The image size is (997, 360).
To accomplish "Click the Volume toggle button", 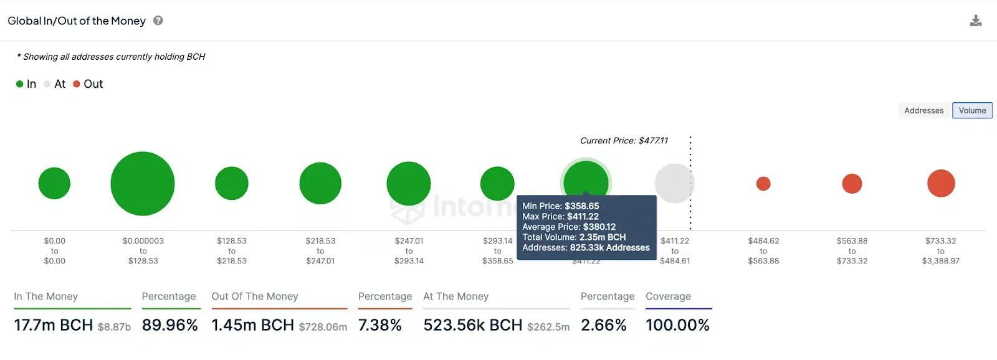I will [x=972, y=111].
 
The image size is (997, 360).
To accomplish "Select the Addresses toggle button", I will [x=923, y=111].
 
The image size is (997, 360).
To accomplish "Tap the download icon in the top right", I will [x=976, y=21].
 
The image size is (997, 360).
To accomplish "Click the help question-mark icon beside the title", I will [x=158, y=21].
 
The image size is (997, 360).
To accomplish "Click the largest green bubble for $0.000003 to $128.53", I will [x=143, y=184].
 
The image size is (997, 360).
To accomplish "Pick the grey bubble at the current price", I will [x=674, y=183].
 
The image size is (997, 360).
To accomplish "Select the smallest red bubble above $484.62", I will [x=763, y=184].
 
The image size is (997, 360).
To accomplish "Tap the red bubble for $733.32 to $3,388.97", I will [x=941, y=183].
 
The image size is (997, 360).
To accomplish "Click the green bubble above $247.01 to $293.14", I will [x=409, y=184].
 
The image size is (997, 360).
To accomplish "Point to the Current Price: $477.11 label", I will [x=624, y=141].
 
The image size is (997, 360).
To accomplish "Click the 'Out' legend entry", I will [x=88, y=84].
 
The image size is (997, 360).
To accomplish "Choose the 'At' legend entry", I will [x=55, y=84].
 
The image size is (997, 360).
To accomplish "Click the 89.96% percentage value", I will [x=169, y=325].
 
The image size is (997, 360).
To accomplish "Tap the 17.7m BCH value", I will [x=54, y=325].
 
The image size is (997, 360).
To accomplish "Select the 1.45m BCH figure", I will [x=253, y=325].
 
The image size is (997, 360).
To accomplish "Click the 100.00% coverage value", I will [x=677, y=325].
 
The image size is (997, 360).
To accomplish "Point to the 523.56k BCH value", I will [x=473, y=325].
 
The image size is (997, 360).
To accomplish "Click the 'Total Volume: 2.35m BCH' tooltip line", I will [x=574, y=237].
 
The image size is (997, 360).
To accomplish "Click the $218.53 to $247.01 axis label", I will [x=320, y=251].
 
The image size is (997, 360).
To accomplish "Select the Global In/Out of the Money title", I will [x=77, y=21].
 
